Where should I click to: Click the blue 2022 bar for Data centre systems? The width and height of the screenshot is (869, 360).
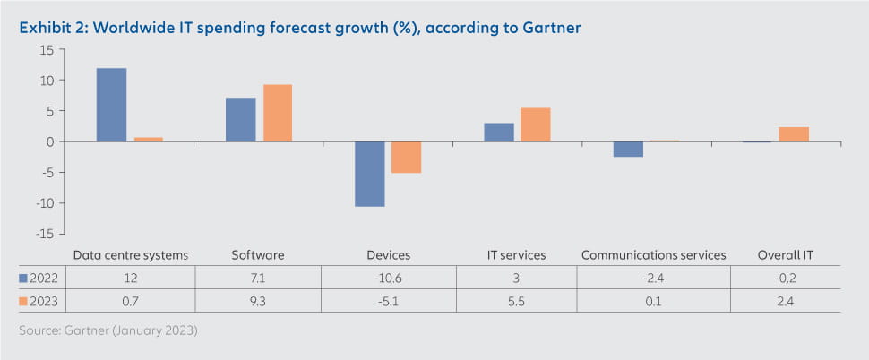click(111, 105)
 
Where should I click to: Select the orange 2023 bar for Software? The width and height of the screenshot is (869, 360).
click(277, 113)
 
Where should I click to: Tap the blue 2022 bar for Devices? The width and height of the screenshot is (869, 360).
click(369, 174)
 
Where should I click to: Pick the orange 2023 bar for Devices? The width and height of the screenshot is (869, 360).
click(406, 158)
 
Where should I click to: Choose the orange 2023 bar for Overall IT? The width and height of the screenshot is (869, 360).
click(794, 134)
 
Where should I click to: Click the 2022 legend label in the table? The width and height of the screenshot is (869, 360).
click(39, 278)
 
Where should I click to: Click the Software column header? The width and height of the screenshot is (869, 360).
click(258, 255)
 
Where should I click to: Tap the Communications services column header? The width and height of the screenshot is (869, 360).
click(653, 255)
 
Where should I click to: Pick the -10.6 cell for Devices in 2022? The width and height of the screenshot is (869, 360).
click(387, 278)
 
